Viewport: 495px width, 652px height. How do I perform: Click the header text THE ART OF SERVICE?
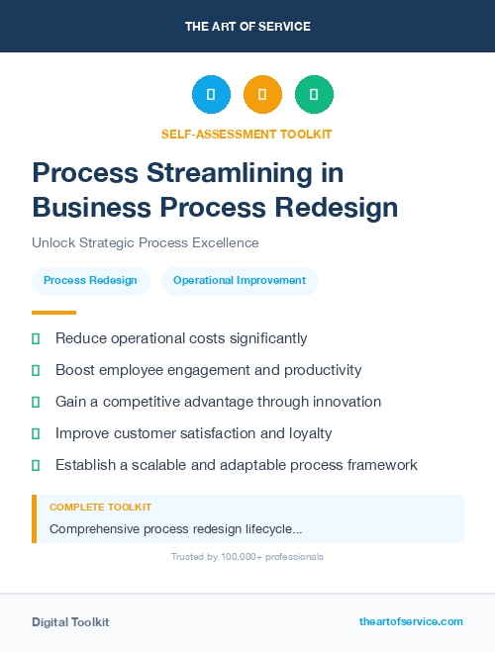(x=247, y=27)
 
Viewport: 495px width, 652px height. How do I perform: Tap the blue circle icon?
(x=211, y=95)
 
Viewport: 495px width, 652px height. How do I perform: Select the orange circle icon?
(x=262, y=95)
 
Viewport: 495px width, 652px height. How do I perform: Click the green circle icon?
(x=314, y=95)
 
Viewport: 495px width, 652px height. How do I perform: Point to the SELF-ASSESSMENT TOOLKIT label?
(x=247, y=134)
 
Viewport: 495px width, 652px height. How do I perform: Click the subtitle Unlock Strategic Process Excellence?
(x=145, y=242)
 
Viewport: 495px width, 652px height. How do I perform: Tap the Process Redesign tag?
(x=91, y=281)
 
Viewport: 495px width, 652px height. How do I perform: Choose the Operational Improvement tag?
(x=240, y=281)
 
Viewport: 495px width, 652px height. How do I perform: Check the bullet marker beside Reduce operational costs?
(x=36, y=339)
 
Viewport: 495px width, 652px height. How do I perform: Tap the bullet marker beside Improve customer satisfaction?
(x=36, y=434)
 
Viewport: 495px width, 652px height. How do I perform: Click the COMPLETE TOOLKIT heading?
(x=100, y=507)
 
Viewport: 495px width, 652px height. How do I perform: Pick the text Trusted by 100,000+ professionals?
(x=247, y=557)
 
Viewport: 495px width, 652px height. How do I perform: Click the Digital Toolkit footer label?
(x=70, y=622)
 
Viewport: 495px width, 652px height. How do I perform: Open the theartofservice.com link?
(x=411, y=621)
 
